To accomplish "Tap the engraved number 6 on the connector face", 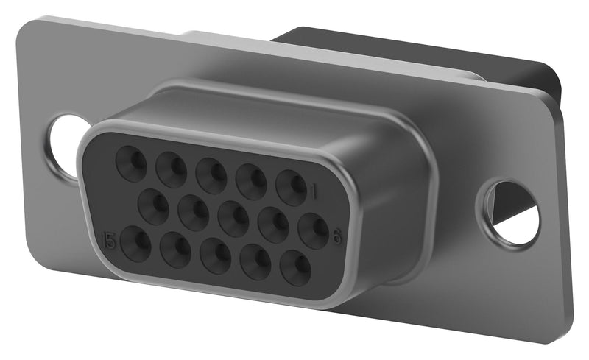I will [x=337, y=236].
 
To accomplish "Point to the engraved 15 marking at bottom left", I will [x=111, y=240].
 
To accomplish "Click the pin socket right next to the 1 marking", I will [x=291, y=187].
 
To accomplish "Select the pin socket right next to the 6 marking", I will [x=314, y=230].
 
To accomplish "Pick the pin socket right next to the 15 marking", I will [x=136, y=244].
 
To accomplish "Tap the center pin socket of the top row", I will [x=211, y=175].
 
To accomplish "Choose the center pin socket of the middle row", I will [x=233, y=219].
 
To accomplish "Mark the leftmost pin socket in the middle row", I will [x=154, y=206].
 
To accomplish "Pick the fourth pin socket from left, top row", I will [x=251, y=181].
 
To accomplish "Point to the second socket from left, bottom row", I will [x=176, y=250].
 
